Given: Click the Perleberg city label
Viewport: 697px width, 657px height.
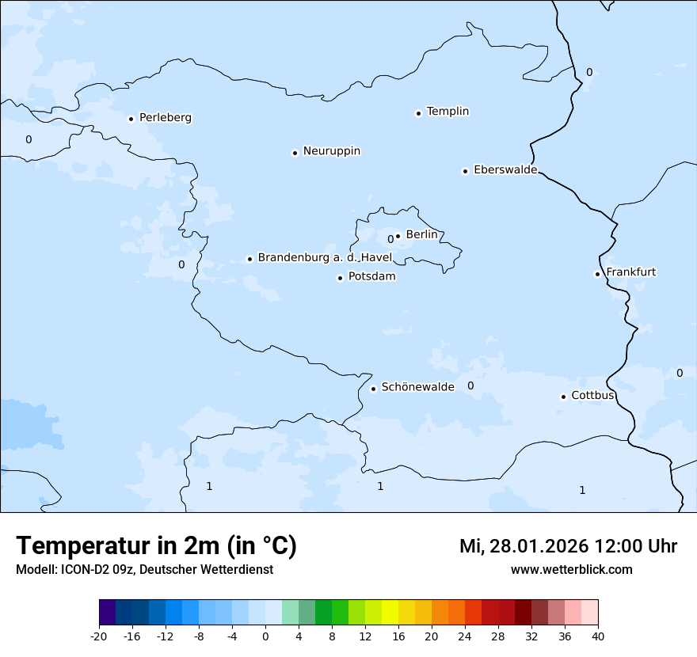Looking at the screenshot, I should tap(165, 118).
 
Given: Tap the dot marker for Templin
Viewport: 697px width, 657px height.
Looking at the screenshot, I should tap(418, 113).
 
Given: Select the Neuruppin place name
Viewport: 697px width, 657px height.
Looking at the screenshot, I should tap(331, 151).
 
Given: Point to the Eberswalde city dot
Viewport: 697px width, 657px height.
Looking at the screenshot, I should tap(466, 171).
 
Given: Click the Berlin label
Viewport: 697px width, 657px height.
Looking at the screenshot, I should tap(421, 234).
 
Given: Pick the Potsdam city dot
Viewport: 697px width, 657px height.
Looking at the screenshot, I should tap(341, 278).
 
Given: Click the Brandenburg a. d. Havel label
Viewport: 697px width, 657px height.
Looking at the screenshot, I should tap(325, 258).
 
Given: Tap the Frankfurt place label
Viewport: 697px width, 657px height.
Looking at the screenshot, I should tap(630, 272).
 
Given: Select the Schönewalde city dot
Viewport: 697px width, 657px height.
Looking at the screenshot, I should tap(374, 389).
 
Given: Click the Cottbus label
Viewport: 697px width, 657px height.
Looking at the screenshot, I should tap(592, 395).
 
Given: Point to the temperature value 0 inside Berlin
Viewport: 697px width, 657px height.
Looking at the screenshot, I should tap(390, 239).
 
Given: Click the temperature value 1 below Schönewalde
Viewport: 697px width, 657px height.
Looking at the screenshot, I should tap(380, 486).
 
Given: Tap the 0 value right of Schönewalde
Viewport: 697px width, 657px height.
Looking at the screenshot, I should tap(470, 385).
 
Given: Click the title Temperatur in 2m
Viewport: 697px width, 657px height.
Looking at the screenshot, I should tap(156, 545).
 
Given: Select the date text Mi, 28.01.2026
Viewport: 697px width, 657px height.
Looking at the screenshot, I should tap(524, 546).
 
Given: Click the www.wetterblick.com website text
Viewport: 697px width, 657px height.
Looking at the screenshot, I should tap(571, 569).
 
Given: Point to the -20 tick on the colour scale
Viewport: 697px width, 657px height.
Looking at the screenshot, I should tap(99, 636).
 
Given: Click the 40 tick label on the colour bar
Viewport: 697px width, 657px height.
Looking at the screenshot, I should tap(598, 636).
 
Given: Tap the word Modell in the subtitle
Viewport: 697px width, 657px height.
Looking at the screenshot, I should tap(35, 570).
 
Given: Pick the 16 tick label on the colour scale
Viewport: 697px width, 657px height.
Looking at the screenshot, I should tap(398, 636).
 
